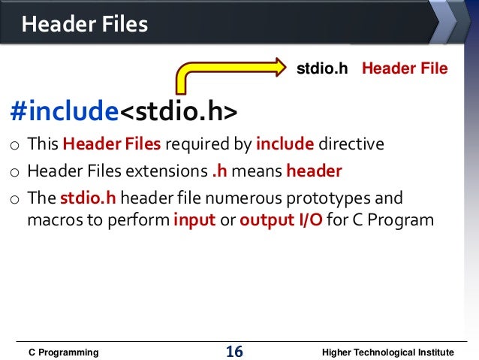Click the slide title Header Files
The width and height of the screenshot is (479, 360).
[85, 25]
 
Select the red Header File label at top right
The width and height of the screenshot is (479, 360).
[405, 69]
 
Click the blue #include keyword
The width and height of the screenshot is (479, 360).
[65, 111]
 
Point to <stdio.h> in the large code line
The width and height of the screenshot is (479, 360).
[179, 111]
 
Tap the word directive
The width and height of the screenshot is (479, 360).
[351, 144]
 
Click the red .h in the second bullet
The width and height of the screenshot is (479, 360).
[219, 171]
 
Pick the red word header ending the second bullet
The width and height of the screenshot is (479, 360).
[314, 171]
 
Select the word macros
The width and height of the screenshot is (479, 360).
[52, 221]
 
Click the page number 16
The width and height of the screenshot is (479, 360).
[234, 352]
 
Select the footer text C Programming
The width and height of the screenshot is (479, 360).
[63, 352]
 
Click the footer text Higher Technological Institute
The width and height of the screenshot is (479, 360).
[387, 352]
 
